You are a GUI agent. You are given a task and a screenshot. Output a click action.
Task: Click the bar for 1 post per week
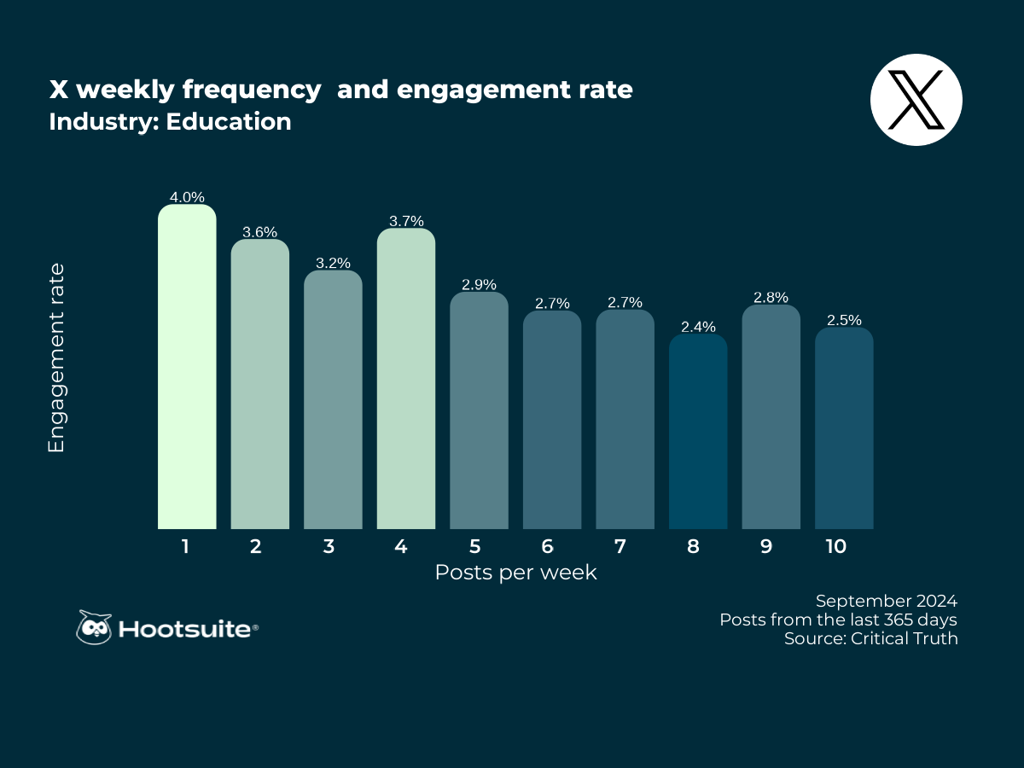[187, 367]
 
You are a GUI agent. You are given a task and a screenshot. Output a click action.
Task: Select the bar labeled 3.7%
[406, 379]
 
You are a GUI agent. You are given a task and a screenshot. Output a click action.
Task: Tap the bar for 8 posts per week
[698, 431]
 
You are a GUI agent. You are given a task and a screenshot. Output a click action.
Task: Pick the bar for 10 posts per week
[844, 428]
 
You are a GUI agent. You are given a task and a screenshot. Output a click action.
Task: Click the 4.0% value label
[187, 197]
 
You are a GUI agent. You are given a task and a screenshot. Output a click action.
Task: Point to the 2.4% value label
[698, 326]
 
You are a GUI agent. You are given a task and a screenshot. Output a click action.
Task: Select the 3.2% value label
[333, 263]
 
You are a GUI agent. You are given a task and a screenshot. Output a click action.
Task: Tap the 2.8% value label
[771, 297]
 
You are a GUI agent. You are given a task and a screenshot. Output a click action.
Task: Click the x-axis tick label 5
[474, 546]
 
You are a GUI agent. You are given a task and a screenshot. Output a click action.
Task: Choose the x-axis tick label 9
[765, 546]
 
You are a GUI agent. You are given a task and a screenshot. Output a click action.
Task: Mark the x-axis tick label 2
[256, 546]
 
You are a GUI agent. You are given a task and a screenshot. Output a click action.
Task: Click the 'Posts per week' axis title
[515, 573]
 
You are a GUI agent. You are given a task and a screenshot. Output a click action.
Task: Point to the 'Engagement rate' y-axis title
[57, 358]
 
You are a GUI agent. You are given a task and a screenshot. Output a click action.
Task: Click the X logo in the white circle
[916, 100]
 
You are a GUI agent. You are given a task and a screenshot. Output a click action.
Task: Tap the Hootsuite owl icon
[94, 628]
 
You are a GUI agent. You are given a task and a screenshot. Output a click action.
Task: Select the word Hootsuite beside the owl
[185, 630]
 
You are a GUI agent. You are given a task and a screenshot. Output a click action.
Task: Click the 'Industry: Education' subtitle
[170, 122]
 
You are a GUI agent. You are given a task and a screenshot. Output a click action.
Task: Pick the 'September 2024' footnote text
[887, 600]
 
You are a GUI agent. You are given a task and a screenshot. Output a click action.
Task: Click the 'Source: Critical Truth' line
[870, 638]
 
